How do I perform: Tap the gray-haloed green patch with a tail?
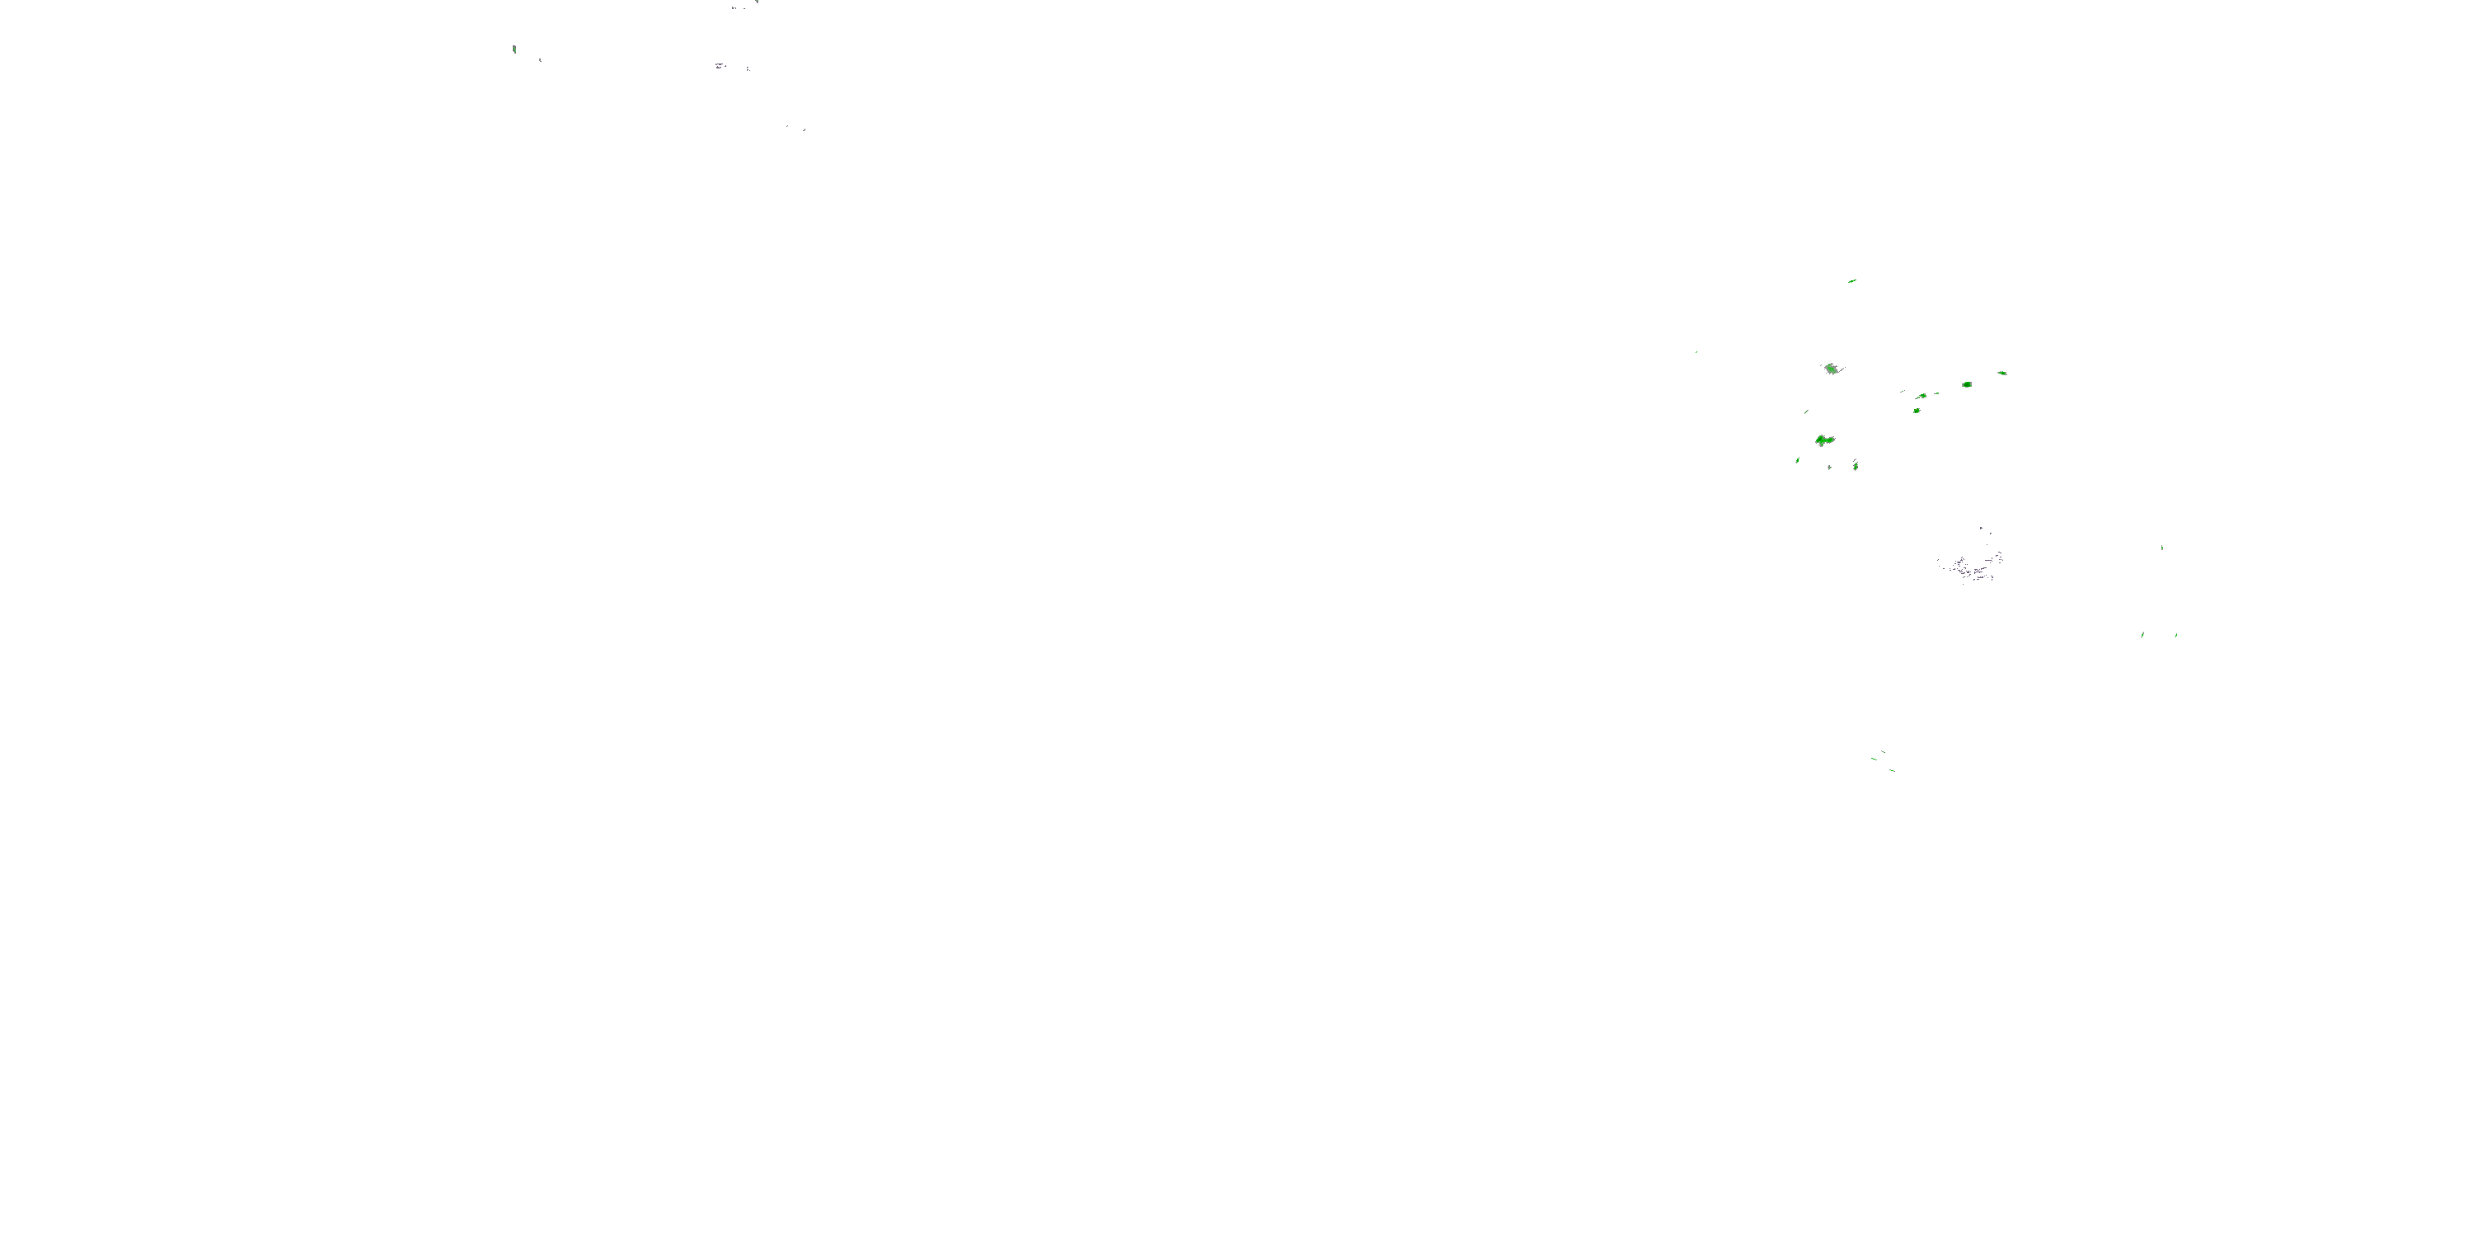(1832, 369)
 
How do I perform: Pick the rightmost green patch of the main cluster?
(2001, 374)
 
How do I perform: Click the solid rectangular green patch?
(1967, 385)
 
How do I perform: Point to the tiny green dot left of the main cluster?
(1696, 351)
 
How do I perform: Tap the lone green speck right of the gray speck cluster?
(2162, 548)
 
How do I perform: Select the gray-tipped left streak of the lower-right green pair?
(2142, 635)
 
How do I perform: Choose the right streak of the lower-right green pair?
(2176, 635)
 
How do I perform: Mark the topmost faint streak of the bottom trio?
(1883, 751)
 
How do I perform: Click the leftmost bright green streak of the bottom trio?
(1873, 759)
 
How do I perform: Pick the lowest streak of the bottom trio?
(1892, 770)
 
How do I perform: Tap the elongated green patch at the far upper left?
(515, 49)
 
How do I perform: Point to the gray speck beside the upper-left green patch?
(540, 60)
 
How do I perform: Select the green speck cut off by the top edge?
(757, 2)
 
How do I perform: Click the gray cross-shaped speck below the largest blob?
(1830, 467)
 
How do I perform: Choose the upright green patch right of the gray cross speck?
(1856, 466)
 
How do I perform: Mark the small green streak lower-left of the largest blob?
(1798, 461)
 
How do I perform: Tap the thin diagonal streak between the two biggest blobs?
(1807, 411)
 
